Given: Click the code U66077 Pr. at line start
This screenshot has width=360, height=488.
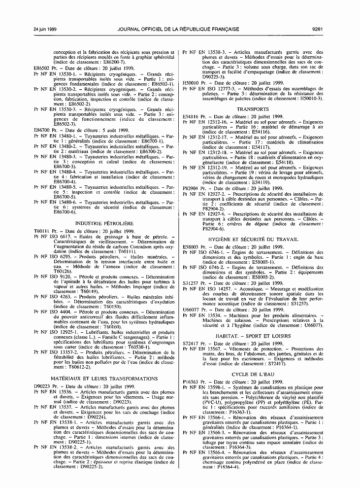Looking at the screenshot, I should click(x=193, y=309).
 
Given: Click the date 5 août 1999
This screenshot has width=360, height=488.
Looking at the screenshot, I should click(x=105, y=130).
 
